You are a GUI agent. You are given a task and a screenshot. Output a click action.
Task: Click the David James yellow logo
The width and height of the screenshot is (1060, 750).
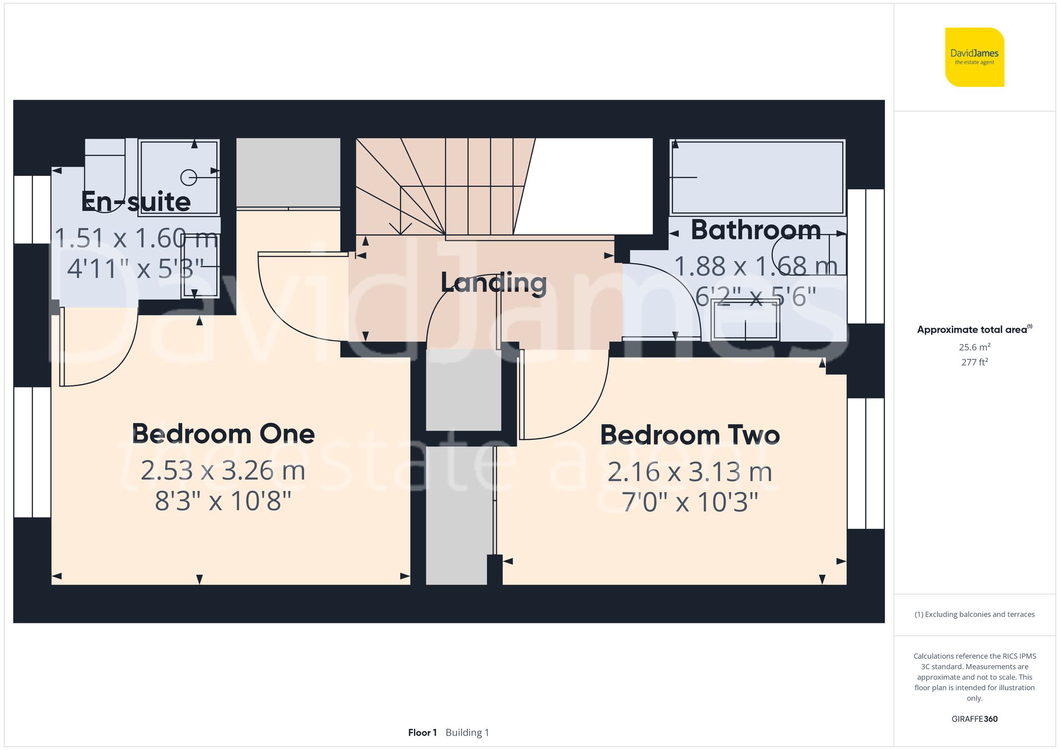pos(974,57)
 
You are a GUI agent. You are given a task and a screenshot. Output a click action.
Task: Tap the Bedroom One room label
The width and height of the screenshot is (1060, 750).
pos(223,434)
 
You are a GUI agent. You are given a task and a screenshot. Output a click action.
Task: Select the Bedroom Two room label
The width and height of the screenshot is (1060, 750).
pos(690,435)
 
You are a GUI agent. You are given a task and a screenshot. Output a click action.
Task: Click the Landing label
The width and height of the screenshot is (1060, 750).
pos(493,283)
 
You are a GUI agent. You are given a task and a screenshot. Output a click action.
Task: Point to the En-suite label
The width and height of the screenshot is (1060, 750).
pos(136,201)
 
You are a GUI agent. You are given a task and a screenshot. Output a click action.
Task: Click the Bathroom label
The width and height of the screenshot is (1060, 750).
pos(756,230)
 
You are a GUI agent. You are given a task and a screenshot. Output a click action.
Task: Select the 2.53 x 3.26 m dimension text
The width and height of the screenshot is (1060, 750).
pos(223,471)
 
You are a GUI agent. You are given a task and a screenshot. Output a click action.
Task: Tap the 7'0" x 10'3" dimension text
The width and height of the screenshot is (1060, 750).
pos(690,502)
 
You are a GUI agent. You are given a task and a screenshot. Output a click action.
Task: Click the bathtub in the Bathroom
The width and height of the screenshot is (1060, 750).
pos(757,177)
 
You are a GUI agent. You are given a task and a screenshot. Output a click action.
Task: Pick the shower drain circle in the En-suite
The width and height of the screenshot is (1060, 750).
pos(189,178)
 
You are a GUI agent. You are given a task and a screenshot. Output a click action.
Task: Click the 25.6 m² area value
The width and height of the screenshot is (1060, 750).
pos(974,347)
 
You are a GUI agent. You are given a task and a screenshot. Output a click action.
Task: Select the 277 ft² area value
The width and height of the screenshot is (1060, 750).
pos(974,362)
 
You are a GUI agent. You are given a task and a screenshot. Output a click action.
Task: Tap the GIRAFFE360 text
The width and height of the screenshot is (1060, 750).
pos(974,719)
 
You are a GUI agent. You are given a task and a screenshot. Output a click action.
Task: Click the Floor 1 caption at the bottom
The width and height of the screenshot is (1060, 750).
pos(422,733)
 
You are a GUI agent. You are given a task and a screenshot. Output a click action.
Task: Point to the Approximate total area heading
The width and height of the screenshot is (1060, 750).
pos(974,329)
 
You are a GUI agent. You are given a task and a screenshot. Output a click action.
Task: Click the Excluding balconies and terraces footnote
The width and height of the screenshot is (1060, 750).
pos(974,614)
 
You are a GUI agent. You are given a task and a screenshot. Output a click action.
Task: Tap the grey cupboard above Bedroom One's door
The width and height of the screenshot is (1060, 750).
pos(288,172)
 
